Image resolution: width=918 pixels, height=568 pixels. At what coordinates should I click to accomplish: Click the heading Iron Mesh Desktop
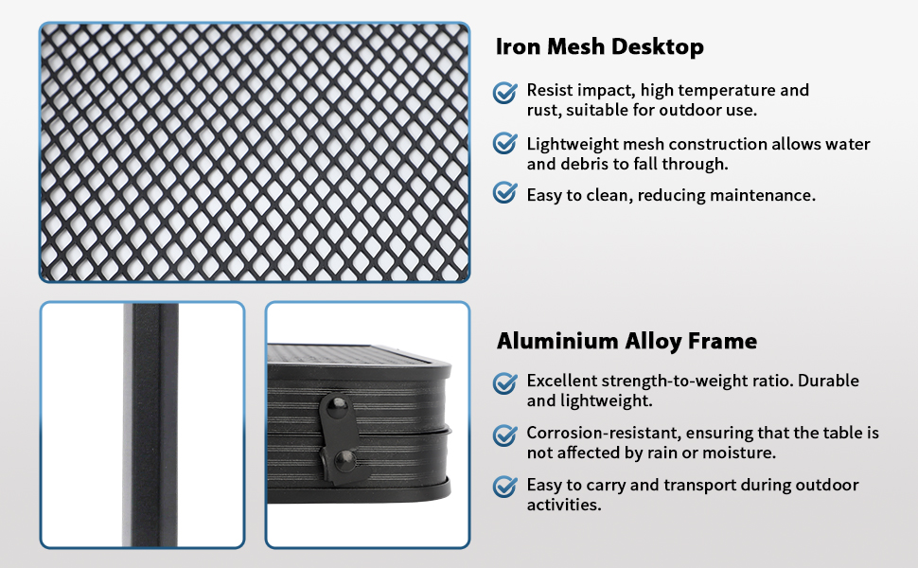click(x=600, y=47)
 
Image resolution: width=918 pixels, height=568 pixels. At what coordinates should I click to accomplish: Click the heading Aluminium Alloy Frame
click(x=627, y=341)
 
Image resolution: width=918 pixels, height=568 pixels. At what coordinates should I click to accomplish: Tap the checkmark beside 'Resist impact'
click(x=505, y=92)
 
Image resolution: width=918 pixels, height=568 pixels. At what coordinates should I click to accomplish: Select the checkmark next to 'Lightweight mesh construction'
click(x=505, y=144)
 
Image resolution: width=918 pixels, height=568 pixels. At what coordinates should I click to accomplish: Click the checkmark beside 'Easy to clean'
click(x=505, y=194)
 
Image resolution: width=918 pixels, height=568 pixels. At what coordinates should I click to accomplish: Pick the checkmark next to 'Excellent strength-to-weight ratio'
click(x=505, y=382)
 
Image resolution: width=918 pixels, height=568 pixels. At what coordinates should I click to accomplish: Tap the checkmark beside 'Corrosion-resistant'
click(x=505, y=435)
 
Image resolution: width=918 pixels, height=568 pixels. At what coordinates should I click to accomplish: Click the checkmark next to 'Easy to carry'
click(x=505, y=487)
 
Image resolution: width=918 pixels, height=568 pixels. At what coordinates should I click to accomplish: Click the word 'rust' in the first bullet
click(x=543, y=111)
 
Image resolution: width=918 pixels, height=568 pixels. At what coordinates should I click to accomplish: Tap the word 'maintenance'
click(x=766, y=195)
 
